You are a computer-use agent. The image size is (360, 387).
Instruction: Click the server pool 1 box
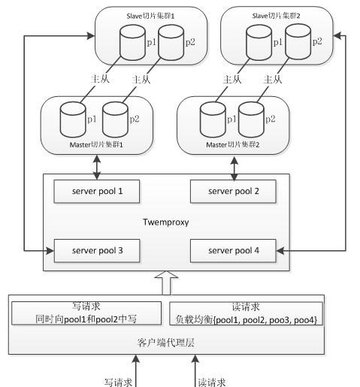click(97, 191)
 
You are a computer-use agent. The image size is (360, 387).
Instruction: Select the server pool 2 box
click(233, 191)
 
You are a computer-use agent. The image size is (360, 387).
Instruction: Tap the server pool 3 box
click(97, 251)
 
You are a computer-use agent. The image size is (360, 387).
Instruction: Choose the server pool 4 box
click(233, 251)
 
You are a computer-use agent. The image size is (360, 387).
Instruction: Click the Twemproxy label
click(166, 222)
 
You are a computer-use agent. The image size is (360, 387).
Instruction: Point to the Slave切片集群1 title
click(150, 16)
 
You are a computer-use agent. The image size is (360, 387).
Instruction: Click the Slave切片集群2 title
click(276, 16)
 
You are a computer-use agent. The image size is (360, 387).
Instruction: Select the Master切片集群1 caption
click(96, 145)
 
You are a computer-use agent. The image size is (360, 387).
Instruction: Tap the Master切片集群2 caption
click(233, 145)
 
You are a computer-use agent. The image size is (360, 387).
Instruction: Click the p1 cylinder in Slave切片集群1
click(132, 43)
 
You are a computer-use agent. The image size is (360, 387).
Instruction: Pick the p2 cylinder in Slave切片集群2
click(298, 41)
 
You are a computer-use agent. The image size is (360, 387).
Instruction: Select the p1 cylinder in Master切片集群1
click(73, 119)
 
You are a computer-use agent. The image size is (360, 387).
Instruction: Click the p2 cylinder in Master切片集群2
click(251, 119)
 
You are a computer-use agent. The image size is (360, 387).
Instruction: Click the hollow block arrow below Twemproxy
click(166, 283)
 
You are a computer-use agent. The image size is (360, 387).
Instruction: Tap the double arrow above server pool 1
click(97, 168)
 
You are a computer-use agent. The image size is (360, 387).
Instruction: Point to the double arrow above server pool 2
click(234, 168)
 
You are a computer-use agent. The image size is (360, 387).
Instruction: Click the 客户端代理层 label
click(166, 342)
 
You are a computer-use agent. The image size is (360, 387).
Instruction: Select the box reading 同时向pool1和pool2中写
click(86, 313)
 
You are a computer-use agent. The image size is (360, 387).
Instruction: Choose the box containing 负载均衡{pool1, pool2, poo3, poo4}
click(246, 313)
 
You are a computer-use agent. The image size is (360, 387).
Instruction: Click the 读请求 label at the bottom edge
click(212, 382)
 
